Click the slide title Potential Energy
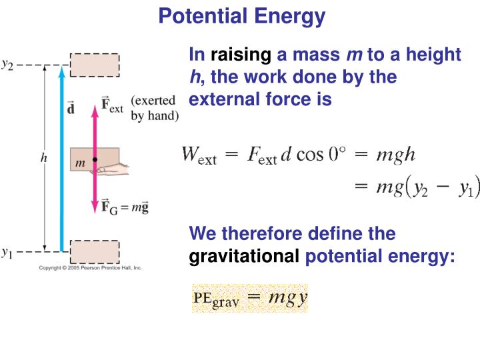point(241,16)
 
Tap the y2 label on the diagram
point(8,65)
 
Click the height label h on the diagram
point(44,158)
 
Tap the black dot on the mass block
point(95,160)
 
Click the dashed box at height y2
point(95,65)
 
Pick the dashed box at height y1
point(95,252)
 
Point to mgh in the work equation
point(396,156)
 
